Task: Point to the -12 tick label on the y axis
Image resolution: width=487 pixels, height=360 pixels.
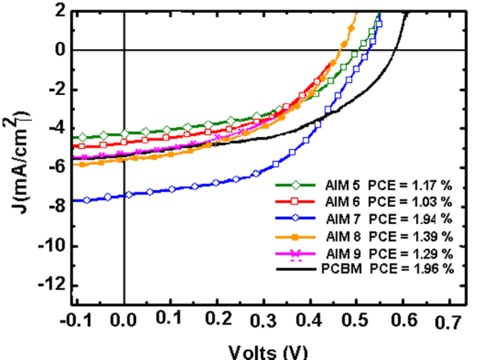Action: point(52,285)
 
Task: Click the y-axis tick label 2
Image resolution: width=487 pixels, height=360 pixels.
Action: point(60,10)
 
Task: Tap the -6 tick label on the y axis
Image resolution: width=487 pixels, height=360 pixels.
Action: point(56,168)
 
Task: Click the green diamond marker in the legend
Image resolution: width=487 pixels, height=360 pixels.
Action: point(295,184)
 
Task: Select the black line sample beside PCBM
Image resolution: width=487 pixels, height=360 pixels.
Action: point(295,267)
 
